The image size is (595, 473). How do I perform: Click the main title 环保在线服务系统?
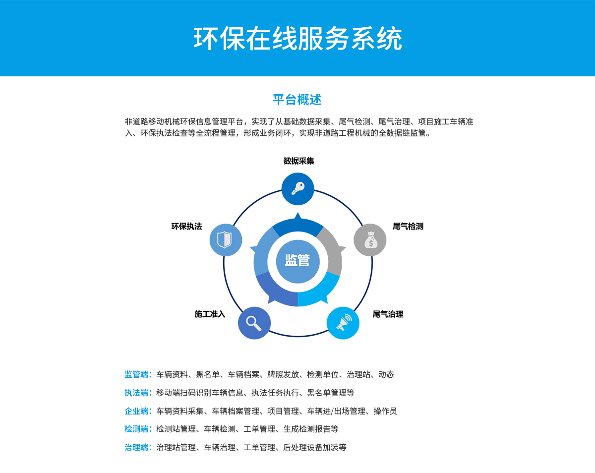[x=297, y=39]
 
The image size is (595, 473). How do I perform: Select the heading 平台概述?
[x=297, y=100]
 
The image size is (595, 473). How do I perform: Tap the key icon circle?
[x=298, y=189]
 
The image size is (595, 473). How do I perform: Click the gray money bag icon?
[x=370, y=239]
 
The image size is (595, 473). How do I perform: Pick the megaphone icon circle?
[x=343, y=323]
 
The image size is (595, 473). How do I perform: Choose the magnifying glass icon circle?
[x=254, y=323]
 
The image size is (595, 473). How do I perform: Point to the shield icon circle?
[x=226, y=239]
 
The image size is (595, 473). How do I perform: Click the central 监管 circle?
[x=298, y=261]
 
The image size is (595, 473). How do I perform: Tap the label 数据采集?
[x=298, y=161]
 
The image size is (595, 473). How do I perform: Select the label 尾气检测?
[x=408, y=226]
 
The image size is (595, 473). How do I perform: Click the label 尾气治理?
[x=388, y=314]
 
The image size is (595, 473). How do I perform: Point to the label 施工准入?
[x=210, y=314]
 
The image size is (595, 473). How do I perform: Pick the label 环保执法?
[x=186, y=226]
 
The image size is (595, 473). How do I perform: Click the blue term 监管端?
[x=136, y=374]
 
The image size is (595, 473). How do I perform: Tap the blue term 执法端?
[x=136, y=393]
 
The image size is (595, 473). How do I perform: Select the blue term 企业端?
[x=136, y=411]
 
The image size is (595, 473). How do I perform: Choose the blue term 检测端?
[x=136, y=429]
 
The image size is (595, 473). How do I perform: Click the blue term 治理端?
[x=136, y=447]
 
